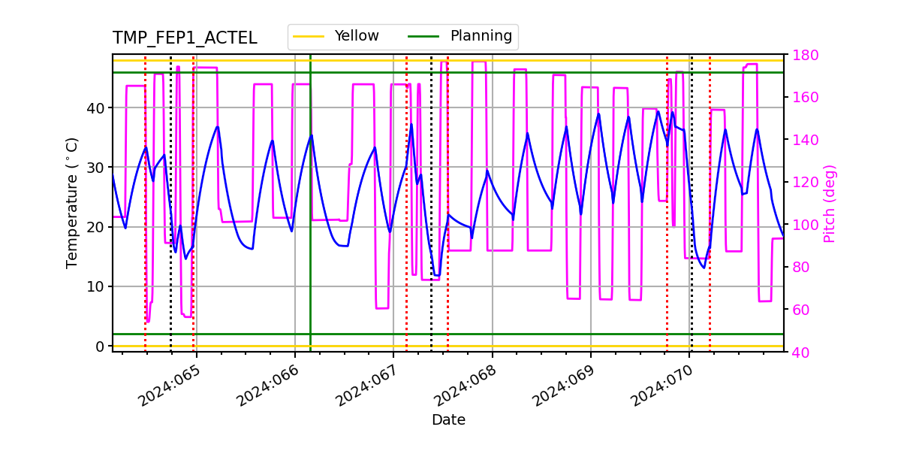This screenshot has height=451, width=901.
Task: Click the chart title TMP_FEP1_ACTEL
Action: click(x=185, y=38)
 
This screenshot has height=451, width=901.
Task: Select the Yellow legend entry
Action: click(x=357, y=36)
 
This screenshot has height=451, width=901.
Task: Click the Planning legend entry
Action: click(x=481, y=36)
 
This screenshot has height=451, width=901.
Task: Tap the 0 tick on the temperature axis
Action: click(x=99, y=347)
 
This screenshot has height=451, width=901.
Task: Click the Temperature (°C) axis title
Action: click(x=72, y=202)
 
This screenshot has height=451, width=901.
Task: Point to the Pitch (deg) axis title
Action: click(x=829, y=203)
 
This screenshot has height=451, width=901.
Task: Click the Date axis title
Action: click(x=448, y=420)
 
